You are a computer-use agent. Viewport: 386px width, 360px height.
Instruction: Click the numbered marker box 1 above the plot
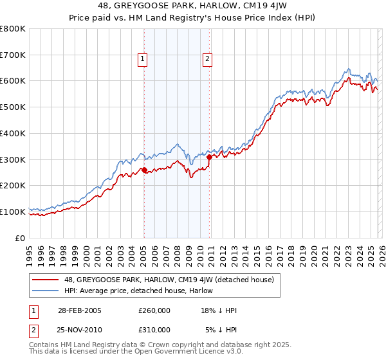(143, 59)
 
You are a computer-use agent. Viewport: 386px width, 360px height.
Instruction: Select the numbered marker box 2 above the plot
(208, 59)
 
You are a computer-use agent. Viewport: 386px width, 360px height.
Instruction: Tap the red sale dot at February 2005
(143, 170)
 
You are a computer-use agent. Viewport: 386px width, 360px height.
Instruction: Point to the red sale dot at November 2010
(209, 157)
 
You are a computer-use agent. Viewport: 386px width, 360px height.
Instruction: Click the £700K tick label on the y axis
(13, 55)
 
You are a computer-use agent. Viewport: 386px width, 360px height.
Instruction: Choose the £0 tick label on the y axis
(21, 238)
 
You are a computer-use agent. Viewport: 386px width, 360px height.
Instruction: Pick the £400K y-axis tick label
(13, 134)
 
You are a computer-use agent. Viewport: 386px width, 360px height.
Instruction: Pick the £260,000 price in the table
(154, 310)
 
